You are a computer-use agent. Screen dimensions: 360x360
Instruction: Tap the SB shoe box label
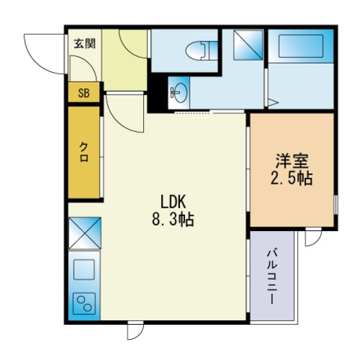coord(83,93)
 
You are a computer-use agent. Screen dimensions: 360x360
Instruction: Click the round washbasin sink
coord(178,93)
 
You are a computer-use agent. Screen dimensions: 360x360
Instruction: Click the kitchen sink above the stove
coord(83,268)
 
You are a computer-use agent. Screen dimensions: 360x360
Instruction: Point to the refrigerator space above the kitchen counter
coord(83,232)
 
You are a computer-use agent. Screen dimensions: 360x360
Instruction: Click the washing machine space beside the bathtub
coord(244,46)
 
